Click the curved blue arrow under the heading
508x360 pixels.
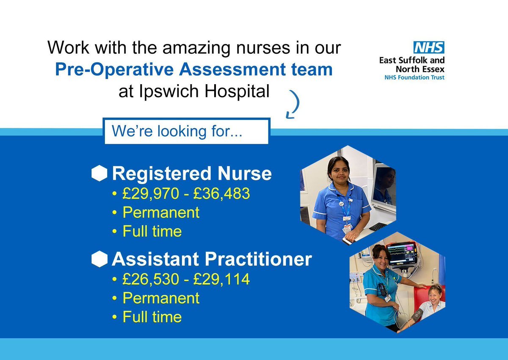coord(293,104)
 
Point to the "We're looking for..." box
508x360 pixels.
coord(187,131)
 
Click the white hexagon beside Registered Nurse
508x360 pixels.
coord(99,173)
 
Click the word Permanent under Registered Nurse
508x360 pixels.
coord(161,212)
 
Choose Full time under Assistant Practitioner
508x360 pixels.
coord(152,317)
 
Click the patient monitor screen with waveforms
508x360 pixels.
coord(401,253)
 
